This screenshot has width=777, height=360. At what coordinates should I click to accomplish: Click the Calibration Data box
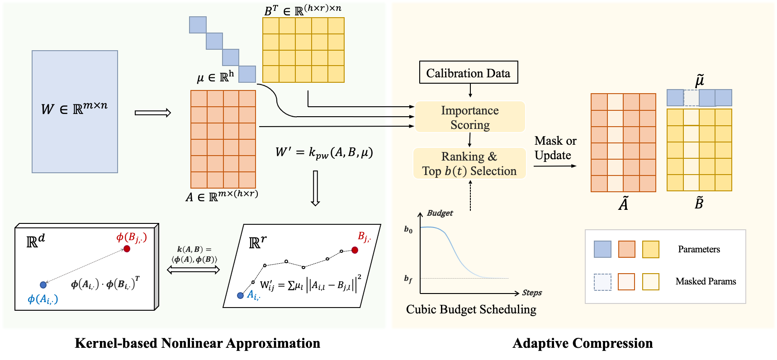click(468, 73)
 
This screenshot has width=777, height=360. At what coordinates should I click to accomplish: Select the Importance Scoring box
click(470, 117)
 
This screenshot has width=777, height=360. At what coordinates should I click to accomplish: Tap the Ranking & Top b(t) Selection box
click(469, 164)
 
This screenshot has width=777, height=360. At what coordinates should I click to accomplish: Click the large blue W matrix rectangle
click(75, 112)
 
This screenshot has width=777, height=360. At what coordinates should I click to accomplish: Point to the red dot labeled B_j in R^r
click(355, 250)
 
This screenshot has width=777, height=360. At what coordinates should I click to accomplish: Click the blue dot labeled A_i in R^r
click(241, 295)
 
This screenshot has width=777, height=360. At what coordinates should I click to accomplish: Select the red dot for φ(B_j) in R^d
click(127, 249)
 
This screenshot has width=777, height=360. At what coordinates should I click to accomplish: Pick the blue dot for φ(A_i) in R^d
click(43, 285)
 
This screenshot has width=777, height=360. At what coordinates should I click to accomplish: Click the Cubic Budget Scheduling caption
click(471, 309)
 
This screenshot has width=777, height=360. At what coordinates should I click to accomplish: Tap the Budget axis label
click(440, 213)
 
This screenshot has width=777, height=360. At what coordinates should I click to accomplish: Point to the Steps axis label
click(532, 293)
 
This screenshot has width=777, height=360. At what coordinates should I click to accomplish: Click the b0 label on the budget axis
click(408, 230)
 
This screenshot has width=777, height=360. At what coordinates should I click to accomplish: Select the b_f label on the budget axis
click(408, 279)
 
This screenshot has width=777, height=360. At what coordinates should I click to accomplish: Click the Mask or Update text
click(555, 148)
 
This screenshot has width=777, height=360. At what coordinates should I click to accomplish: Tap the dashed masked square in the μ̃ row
click(691, 98)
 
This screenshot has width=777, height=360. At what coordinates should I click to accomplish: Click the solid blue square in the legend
click(602, 249)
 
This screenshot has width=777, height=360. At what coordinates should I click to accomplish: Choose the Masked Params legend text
click(706, 281)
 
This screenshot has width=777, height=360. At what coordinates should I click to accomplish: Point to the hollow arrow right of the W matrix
click(153, 113)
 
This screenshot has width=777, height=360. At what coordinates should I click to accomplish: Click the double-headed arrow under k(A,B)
click(193, 270)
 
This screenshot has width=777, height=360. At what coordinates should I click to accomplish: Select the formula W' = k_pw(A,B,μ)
click(324, 152)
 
